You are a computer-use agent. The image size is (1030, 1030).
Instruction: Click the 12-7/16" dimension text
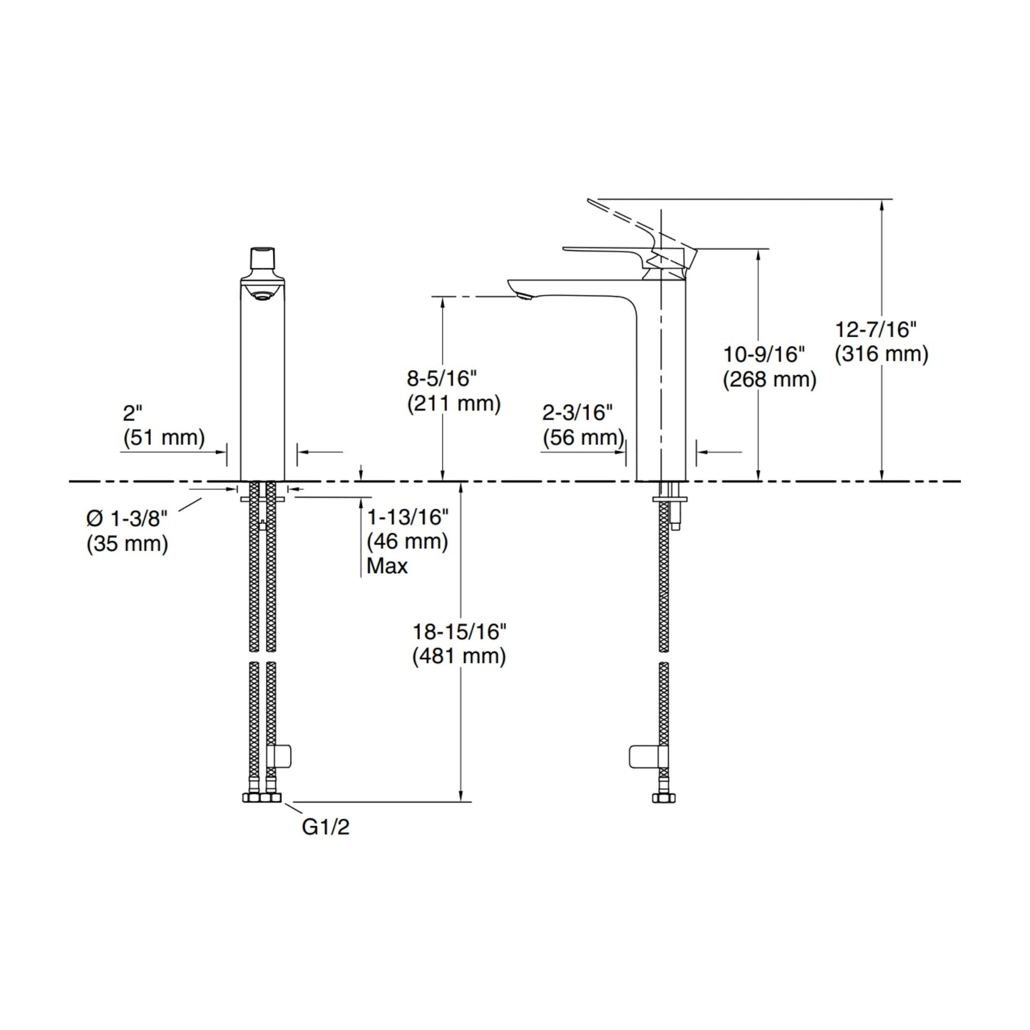click(875, 330)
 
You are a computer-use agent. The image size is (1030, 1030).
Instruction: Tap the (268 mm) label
click(770, 379)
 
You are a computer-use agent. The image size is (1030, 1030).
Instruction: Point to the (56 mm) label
click(584, 438)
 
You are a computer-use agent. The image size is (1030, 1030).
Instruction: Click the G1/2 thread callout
click(326, 827)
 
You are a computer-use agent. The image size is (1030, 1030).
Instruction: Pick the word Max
click(387, 566)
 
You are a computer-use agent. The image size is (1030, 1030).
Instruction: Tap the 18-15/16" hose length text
click(459, 632)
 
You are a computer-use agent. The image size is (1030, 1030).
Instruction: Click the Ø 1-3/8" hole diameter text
click(127, 518)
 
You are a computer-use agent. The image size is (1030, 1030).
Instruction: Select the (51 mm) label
click(164, 438)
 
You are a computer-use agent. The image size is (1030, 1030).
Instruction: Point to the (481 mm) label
click(459, 656)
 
